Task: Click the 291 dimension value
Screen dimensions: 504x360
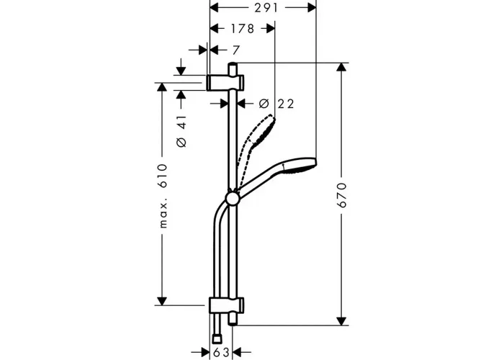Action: (x=266, y=8)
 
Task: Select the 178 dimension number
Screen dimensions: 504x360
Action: (x=243, y=29)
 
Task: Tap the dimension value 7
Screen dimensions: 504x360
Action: (x=236, y=50)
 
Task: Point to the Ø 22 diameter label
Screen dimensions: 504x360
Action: (x=276, y=104)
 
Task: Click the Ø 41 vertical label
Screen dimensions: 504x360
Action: (x=181, y=131)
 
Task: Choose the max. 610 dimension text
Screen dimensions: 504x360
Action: (x=163, y=196)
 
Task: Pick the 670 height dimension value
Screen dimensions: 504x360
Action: (x=343, y=195)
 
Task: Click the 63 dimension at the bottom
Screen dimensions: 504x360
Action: (x=221, y=352)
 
